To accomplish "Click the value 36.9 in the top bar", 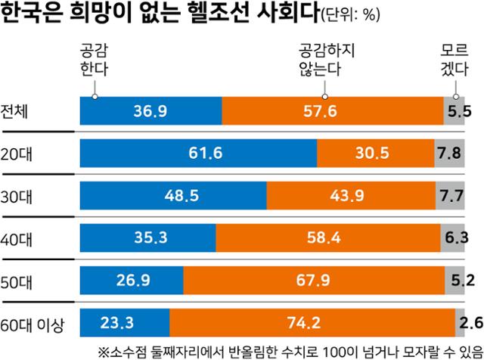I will coord(150,112).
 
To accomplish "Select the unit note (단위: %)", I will coord(352,16).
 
